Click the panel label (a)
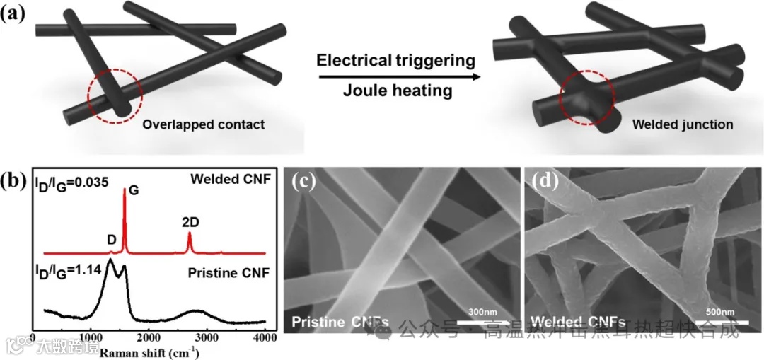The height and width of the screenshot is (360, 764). click(x=16, y=12)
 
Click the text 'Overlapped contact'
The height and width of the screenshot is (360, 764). click(x=204, y=125)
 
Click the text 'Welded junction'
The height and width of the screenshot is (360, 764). click(x=693, y=125)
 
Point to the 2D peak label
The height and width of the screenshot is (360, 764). click(x=190, y=221)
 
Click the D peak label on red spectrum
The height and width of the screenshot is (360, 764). click(x=111, y=240)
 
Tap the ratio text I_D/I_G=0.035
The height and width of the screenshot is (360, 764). click(x=71, y=182)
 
